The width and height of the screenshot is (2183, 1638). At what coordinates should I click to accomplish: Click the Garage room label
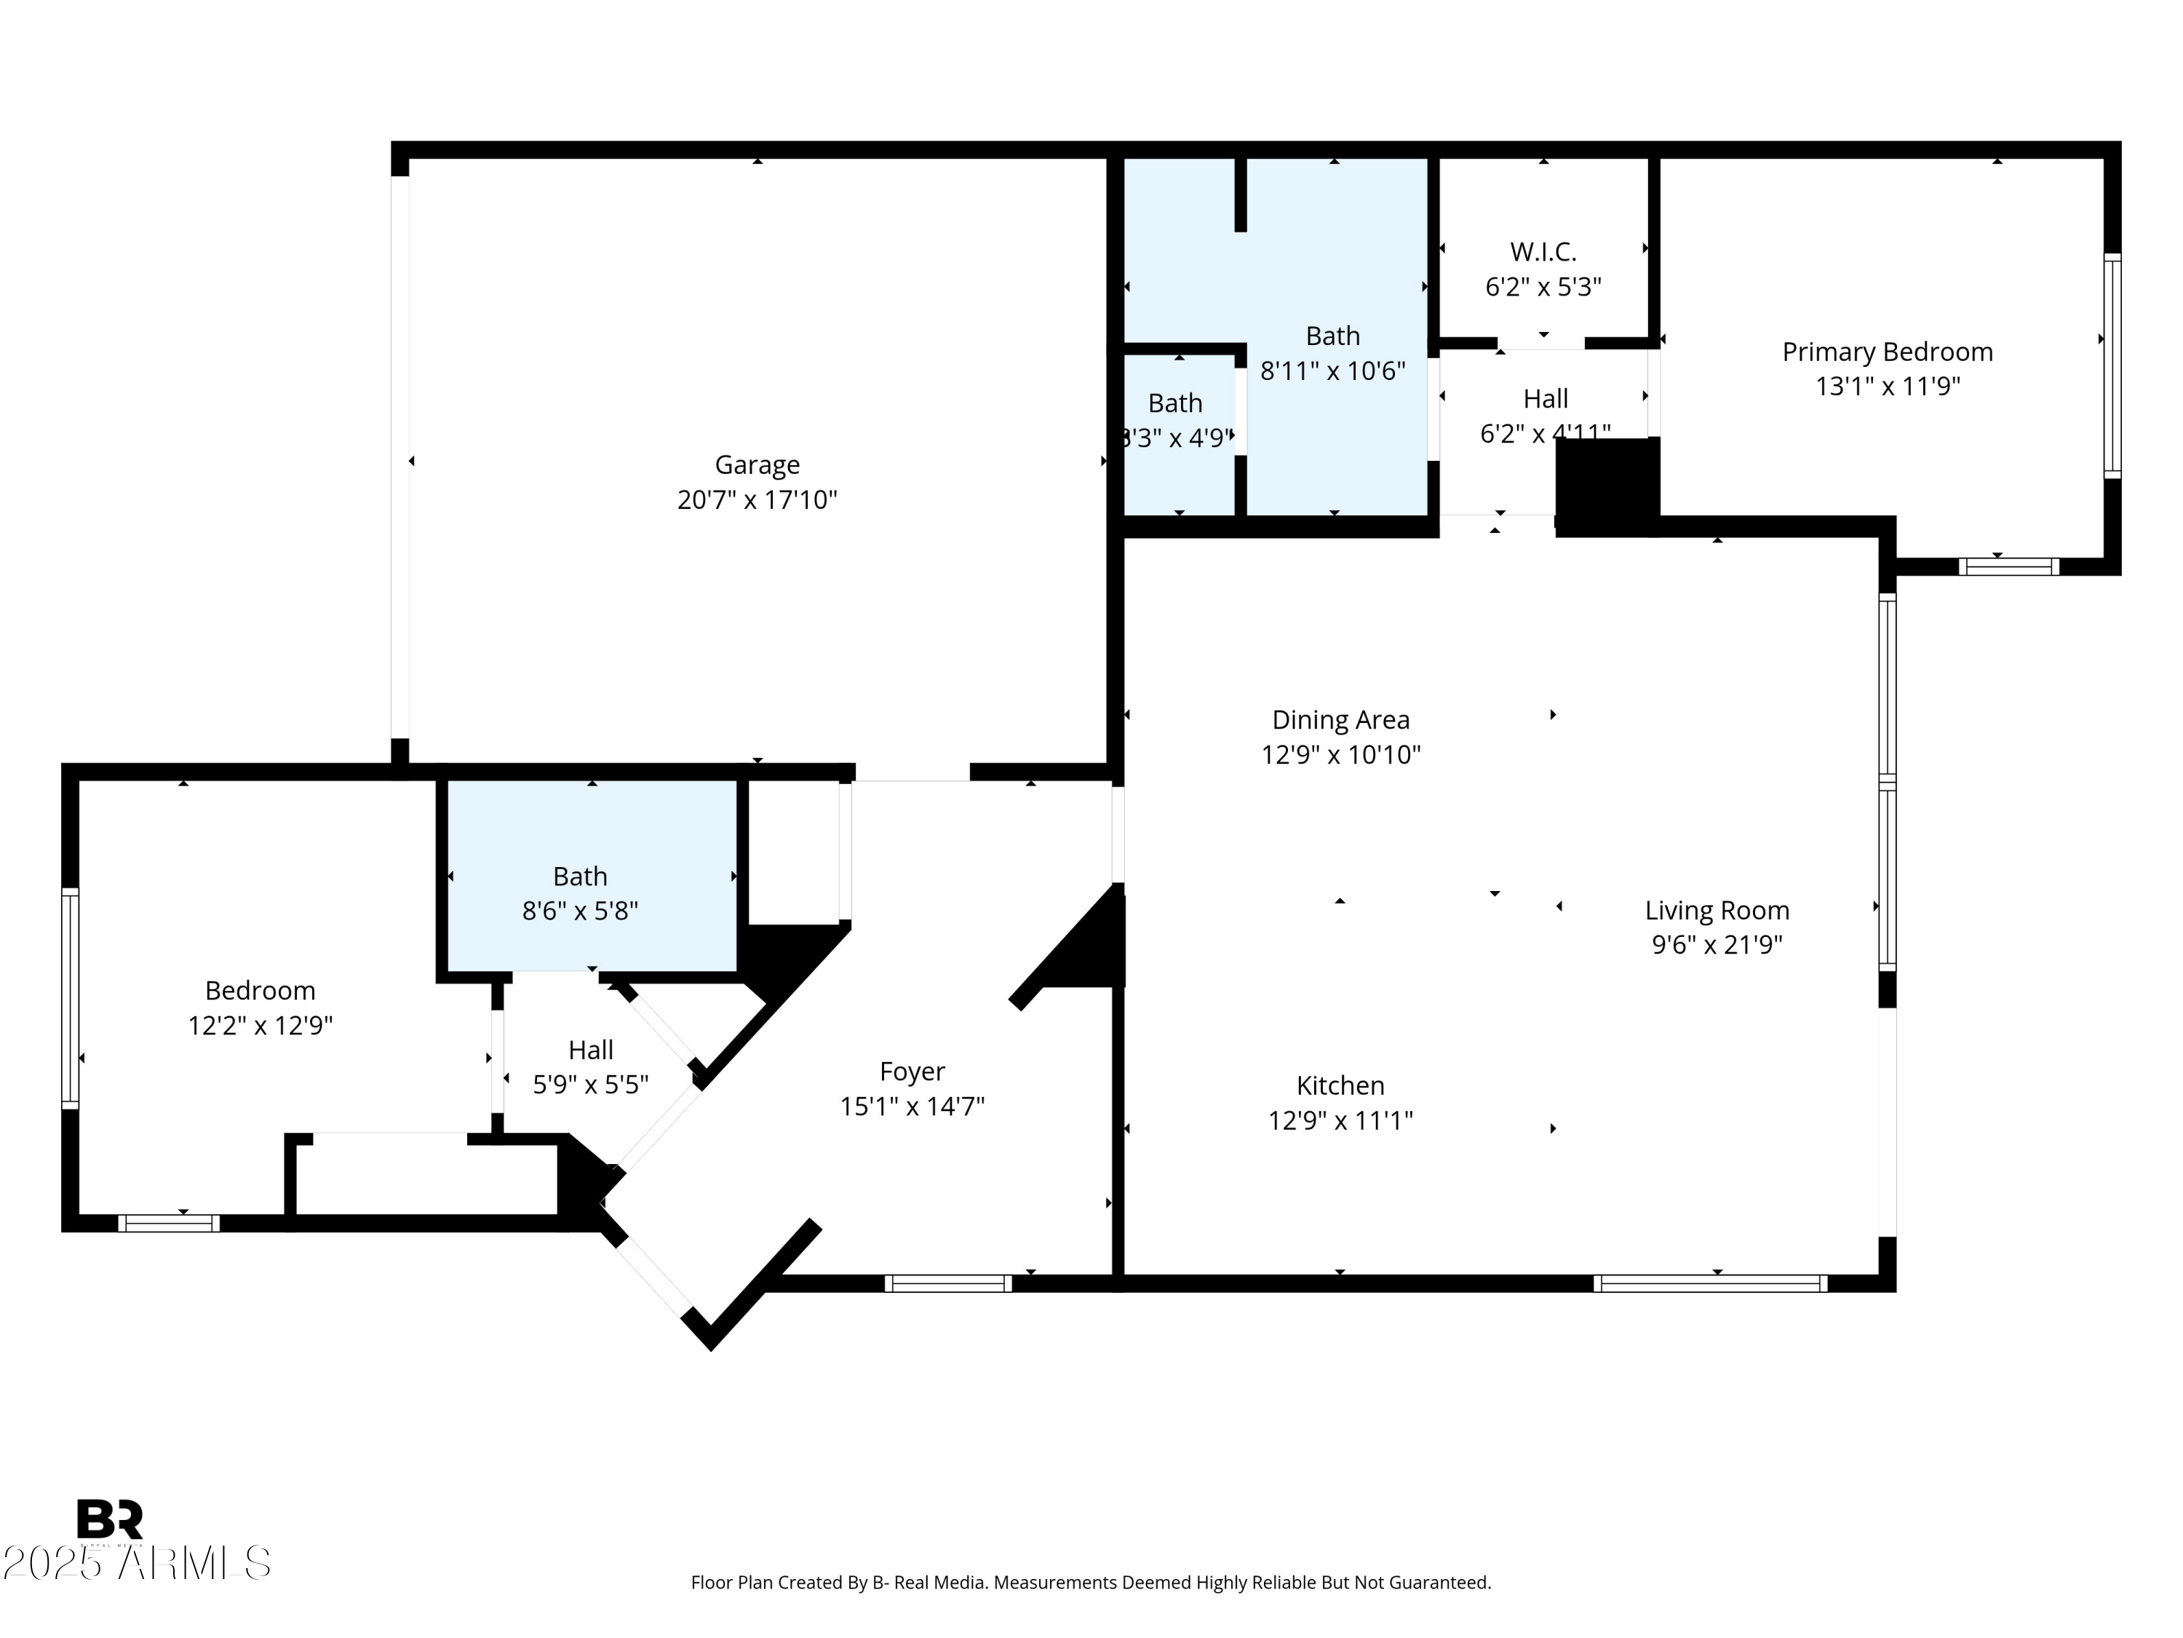[757, 464]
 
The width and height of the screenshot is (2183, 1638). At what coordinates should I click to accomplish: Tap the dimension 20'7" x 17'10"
[757, 499]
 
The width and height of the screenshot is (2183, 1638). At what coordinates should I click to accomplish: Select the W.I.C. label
[1543, 252]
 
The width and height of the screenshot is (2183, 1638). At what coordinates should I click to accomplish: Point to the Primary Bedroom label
[1887, 352]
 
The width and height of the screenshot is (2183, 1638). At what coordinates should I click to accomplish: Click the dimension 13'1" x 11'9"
[1887, 386]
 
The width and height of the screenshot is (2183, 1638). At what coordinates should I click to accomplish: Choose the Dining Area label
[1340, 720]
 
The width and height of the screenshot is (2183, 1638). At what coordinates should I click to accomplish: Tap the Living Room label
[1716, 910]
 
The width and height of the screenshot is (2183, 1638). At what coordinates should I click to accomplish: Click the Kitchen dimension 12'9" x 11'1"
[1340, 1120]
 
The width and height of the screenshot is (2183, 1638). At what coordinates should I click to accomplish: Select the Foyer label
[912, 1072]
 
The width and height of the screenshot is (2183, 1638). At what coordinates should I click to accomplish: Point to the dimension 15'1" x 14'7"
[912, 1107]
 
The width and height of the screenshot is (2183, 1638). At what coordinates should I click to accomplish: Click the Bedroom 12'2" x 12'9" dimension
[261, 1026]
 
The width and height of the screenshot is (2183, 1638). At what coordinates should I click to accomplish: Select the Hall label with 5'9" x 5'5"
[590, 1050]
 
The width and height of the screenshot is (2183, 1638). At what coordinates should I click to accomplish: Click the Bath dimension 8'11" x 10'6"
[1332, 371]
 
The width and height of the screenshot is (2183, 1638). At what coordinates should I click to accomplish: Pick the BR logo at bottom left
[110, 1519]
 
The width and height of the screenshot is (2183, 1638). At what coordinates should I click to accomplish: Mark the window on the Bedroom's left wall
[70, 997]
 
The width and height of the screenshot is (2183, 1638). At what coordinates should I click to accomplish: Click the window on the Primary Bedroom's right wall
[2111, 366]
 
